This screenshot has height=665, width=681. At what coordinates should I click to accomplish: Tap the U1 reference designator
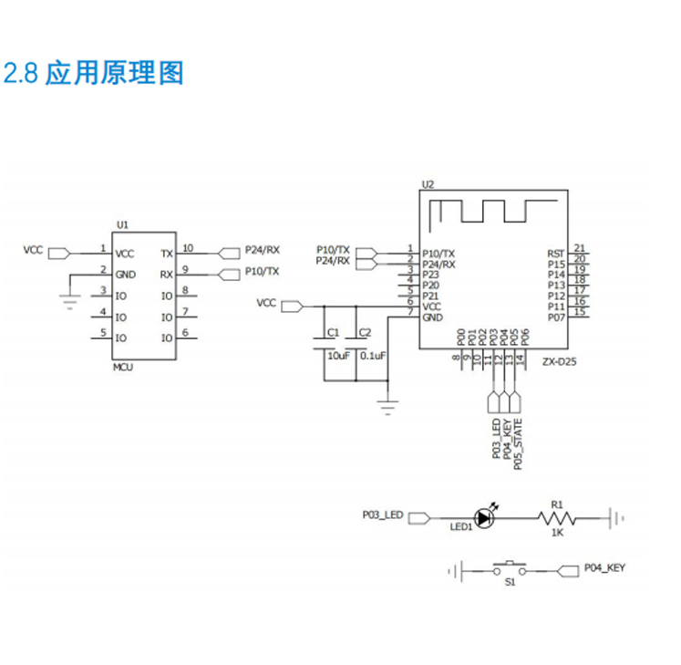point(123,224)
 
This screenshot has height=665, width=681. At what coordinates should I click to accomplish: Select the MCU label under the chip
point(122,367)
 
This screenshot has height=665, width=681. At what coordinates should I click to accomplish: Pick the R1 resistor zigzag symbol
point(557,518)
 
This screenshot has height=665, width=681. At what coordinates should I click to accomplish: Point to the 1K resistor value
point(557,534)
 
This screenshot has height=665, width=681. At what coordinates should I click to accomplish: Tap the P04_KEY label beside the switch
point(605,567)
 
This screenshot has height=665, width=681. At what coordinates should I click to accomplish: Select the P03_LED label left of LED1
point(383,515)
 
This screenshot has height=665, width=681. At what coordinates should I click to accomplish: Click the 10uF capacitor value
point(338,355)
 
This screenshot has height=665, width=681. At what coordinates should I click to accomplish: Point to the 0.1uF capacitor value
point(373,355)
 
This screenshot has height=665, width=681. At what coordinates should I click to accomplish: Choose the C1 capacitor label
point(333,332)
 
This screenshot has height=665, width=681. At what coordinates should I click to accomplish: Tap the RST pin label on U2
point(555,253)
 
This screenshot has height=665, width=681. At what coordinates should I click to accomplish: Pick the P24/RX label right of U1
point(263,249)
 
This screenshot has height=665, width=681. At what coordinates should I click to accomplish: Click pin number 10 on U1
point(187,247)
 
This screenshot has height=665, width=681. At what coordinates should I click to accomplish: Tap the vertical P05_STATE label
point(518,444)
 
